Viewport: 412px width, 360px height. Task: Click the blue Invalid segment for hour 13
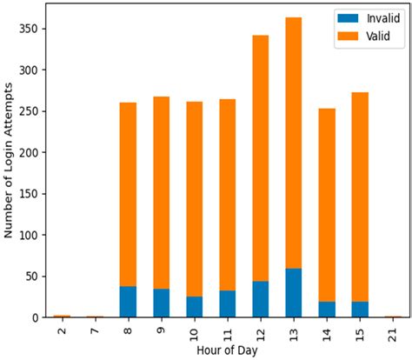coord(294,293)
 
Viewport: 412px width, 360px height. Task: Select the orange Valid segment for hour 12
coord(261,158)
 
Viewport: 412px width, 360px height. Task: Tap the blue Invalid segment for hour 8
coord(128,302)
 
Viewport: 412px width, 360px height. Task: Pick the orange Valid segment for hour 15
coord(360,197)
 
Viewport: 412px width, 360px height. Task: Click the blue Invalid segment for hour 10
coord(195,307)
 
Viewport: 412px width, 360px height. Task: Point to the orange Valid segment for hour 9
coord(162,193)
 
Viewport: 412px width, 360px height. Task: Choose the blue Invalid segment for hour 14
coord(327,310)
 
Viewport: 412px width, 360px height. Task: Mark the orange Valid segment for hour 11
coord(228,195)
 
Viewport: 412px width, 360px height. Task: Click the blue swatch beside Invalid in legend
coord(348,18)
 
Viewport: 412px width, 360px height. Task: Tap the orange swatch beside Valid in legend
coord(348,36)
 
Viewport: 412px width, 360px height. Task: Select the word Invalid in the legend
coord(383,18)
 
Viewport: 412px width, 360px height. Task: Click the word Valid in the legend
coord(378,37)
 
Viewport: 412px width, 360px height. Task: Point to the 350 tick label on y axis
coord(29,29)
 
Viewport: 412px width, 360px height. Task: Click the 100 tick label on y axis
coord(29,235)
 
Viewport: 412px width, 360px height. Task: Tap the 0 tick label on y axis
coord(35,317)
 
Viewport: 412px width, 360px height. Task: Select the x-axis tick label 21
coord(393,335)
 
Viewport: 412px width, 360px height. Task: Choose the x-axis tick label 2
coord(62,331)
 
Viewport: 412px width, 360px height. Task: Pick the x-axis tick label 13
coord(294,335)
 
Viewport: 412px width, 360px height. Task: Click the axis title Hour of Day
coord(227,350)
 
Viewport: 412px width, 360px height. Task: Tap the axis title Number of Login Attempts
coord(9,161)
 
